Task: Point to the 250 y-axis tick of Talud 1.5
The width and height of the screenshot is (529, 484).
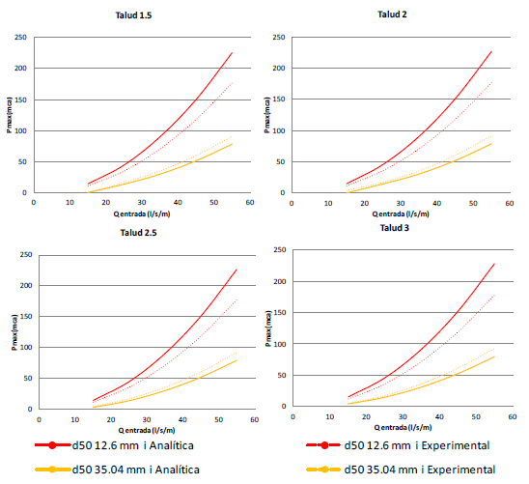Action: tap(20, 38)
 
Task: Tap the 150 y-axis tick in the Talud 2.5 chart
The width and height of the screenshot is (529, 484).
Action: tap(23, 317)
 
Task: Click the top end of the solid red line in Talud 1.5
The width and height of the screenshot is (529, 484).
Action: tap(233, 52)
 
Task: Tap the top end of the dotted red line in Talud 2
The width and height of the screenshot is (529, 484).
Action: tap(492, 81)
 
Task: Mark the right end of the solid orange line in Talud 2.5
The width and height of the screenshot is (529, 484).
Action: tap(237, 359)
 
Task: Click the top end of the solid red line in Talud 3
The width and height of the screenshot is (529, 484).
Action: tap(494, 263)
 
